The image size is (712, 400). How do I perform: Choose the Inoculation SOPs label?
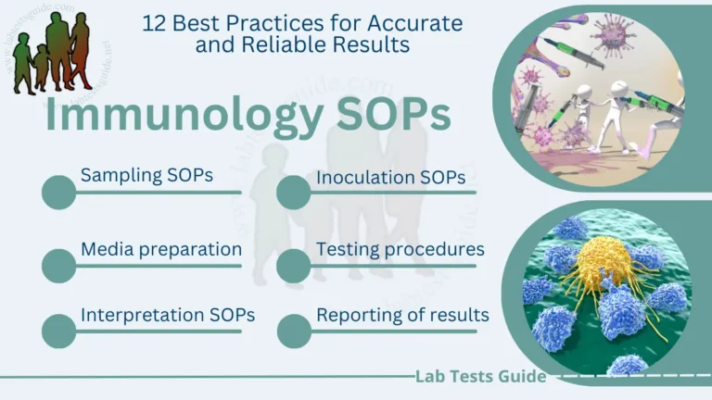pyautogui.click(x=390, y=177)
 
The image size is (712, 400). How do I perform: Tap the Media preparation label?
pyautogui.click(x=161, y=249)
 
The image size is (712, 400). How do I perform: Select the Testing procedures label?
pyautogui.click(x=400, y=249)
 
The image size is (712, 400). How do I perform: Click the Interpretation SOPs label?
pyautogui.click(x=168, y=315)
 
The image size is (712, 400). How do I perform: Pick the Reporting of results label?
pyautogui.click(x=402, y=315)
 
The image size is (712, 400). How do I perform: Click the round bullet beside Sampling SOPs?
pyautogui.click(x=59, y=193)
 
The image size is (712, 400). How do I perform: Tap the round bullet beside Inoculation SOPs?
pyautogui.click(x=294, y=193)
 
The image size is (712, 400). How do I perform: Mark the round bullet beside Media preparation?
pyautogui.click(x=59, y=266)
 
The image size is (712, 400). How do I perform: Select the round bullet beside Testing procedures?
pyautogui.click(x=294, y=266)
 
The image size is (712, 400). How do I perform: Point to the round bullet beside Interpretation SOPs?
pyautogui.click(x=59, y=331)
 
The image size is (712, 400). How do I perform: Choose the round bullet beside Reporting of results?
pyautogui.click(x=294, y=331)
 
